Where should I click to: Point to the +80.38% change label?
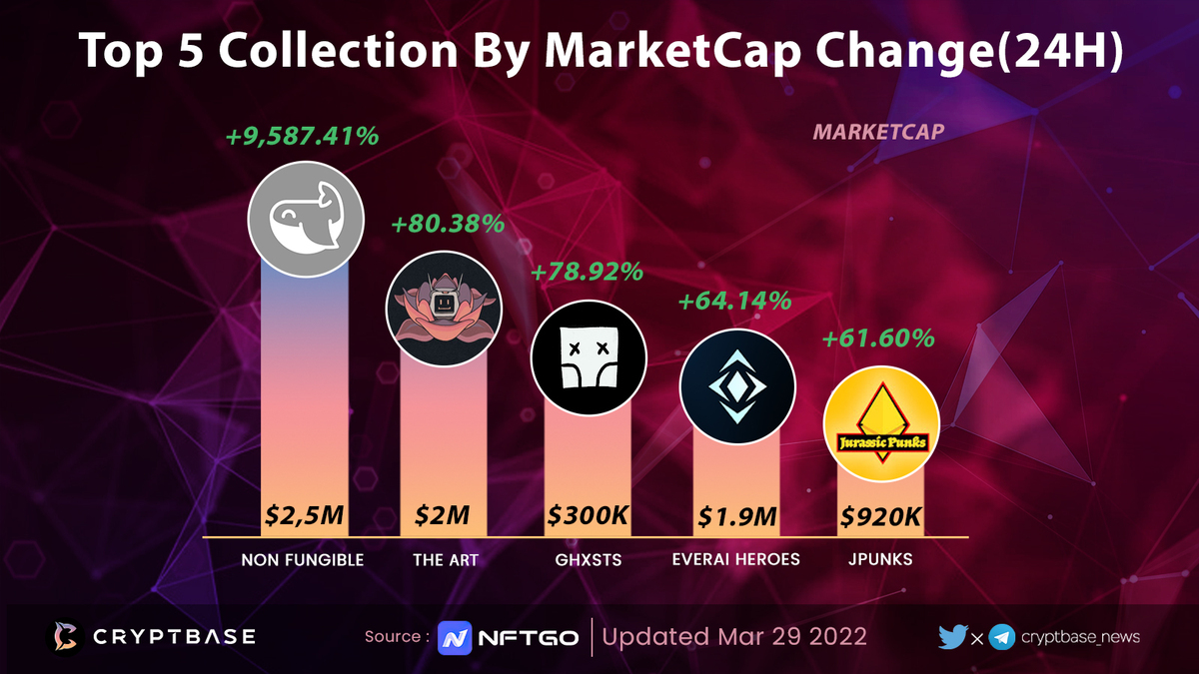[448, 224]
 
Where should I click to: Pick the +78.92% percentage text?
[587, 271]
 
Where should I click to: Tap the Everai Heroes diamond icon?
[736, 386]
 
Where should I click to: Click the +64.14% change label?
[734, 299]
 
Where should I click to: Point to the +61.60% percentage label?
[878, 338]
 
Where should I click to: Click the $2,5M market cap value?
[305, 516]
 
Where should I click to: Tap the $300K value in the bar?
[588, 516]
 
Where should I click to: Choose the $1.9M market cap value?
[736, 516]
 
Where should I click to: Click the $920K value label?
[880, 516]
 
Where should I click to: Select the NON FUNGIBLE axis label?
[303, 560]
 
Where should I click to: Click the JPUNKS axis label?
[879, 560]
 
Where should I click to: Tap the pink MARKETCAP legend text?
[878, 132]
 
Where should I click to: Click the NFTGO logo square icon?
[455, 637]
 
